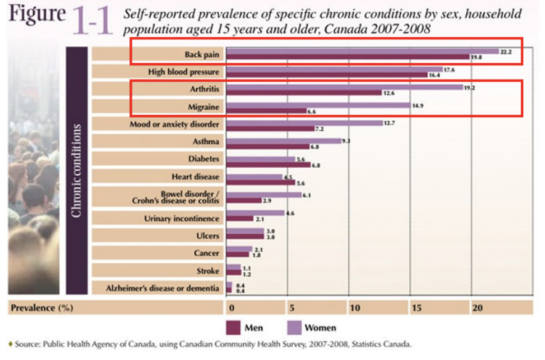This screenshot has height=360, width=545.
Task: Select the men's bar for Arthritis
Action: point(305,92)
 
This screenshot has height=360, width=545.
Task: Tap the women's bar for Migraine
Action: point(318,105)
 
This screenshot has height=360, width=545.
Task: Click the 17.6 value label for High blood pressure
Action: point(449,70)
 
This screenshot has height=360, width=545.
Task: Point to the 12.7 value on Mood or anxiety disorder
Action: point(390,123)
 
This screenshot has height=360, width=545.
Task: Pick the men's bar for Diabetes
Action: point(268,165)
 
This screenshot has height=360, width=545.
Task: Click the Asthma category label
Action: point(205,142)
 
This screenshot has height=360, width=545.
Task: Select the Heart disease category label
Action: point(195,176)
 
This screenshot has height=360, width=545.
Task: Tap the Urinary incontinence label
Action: point(181,218)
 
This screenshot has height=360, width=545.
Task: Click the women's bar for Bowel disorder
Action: point(264,195)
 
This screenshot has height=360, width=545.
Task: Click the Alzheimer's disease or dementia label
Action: point(162,288)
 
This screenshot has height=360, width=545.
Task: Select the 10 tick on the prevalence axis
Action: point(354,308)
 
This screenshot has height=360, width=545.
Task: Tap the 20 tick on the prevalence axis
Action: point(477,308)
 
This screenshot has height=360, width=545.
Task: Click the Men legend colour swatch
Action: point(233,327)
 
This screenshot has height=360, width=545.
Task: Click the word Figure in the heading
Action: point(36,15)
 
